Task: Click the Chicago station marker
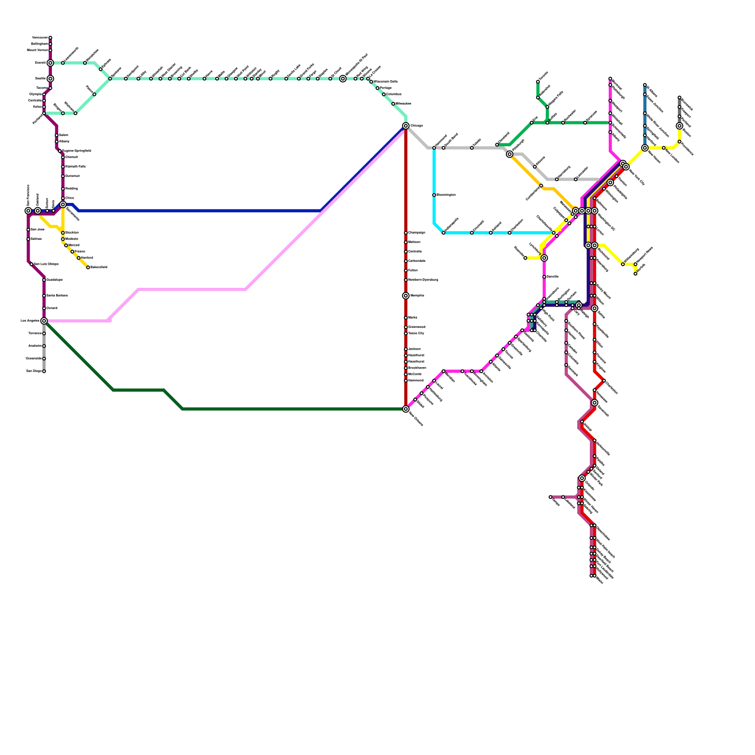[x=406, y=126]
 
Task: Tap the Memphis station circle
[x=406, y=296]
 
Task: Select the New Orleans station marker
[x=406, y=409]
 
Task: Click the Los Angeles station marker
[x=44, y=321]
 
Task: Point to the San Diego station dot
[x=44, y=371]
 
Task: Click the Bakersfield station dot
[x=88, y=268]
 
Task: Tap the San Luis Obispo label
[x=46, y=264]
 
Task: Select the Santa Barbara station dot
[x=44, y=296]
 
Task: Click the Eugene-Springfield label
[x=76, y=151]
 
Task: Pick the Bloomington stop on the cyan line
[x=434, y=195]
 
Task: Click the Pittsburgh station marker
[x=510, y=154]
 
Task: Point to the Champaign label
[x=417, y=233]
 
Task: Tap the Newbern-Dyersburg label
[x=423, y=280]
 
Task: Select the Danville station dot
[x=544, y=277]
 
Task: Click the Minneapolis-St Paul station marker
[x=343, y=79]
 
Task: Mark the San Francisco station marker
[x=28, y=211]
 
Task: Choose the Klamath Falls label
[x=75, y=167]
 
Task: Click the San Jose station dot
[x=28, y=230]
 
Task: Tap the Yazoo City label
[x=416, y=334]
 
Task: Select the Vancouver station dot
[x=50, y=38]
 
